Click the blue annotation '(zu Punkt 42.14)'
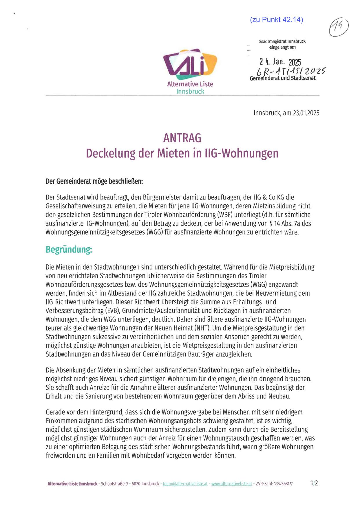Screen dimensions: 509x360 coord(276,20)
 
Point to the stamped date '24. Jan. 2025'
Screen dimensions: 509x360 coord(280,62)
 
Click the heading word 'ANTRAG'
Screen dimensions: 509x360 coord(182,138)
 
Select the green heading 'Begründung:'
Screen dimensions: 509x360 coord(69,249)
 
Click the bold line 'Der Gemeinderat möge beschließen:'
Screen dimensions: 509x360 coord(94,181)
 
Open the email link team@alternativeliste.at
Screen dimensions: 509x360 coord(185,484)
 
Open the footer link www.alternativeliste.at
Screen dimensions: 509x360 coord(232,484)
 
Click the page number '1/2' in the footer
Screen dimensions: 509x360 coord(314,483)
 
